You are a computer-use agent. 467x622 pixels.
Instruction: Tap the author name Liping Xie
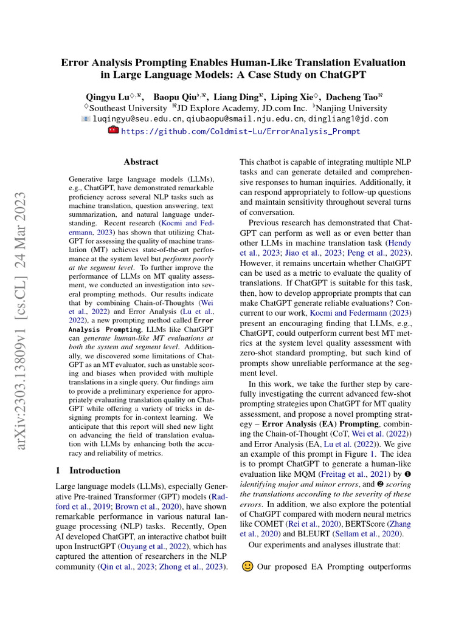(x=288, y=97)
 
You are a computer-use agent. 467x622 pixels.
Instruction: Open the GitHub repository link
(x=241, y=131)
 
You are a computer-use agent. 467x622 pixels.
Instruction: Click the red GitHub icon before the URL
(x=113, y=131)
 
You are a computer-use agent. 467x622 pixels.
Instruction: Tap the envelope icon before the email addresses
(x=85, y=119)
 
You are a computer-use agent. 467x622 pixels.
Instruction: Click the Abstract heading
(x=141, y=162)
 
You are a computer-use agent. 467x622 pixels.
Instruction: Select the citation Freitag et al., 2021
(x=345, y=474)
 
